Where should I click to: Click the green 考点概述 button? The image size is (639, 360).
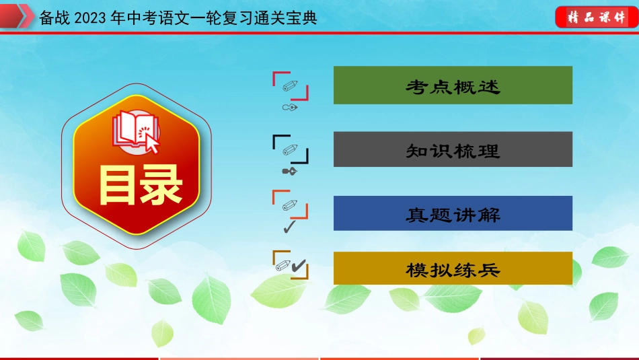[x=453, y=85]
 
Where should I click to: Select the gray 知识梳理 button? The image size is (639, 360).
[x=453, y=149]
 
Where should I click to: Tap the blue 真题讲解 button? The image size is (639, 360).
[x=453, y=213]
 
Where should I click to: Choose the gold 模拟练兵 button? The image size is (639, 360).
[x=453, y=268]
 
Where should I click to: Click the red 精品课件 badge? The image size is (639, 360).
[x=596, y=17]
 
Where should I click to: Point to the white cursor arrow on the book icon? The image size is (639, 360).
[x=151, y=143]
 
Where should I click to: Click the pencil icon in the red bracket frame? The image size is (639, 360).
[x=290, y=85]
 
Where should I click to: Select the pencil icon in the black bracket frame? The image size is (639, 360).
[x=290, y=149]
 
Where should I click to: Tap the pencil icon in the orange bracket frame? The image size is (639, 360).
[x=290, y=205]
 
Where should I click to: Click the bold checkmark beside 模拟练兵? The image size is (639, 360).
[x=299, y=266]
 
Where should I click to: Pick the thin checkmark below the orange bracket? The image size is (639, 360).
[x=289, y=227]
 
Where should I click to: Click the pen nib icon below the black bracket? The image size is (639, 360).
[x=290, y=171]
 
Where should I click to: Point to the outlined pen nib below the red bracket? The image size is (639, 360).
[x=290, y=107]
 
